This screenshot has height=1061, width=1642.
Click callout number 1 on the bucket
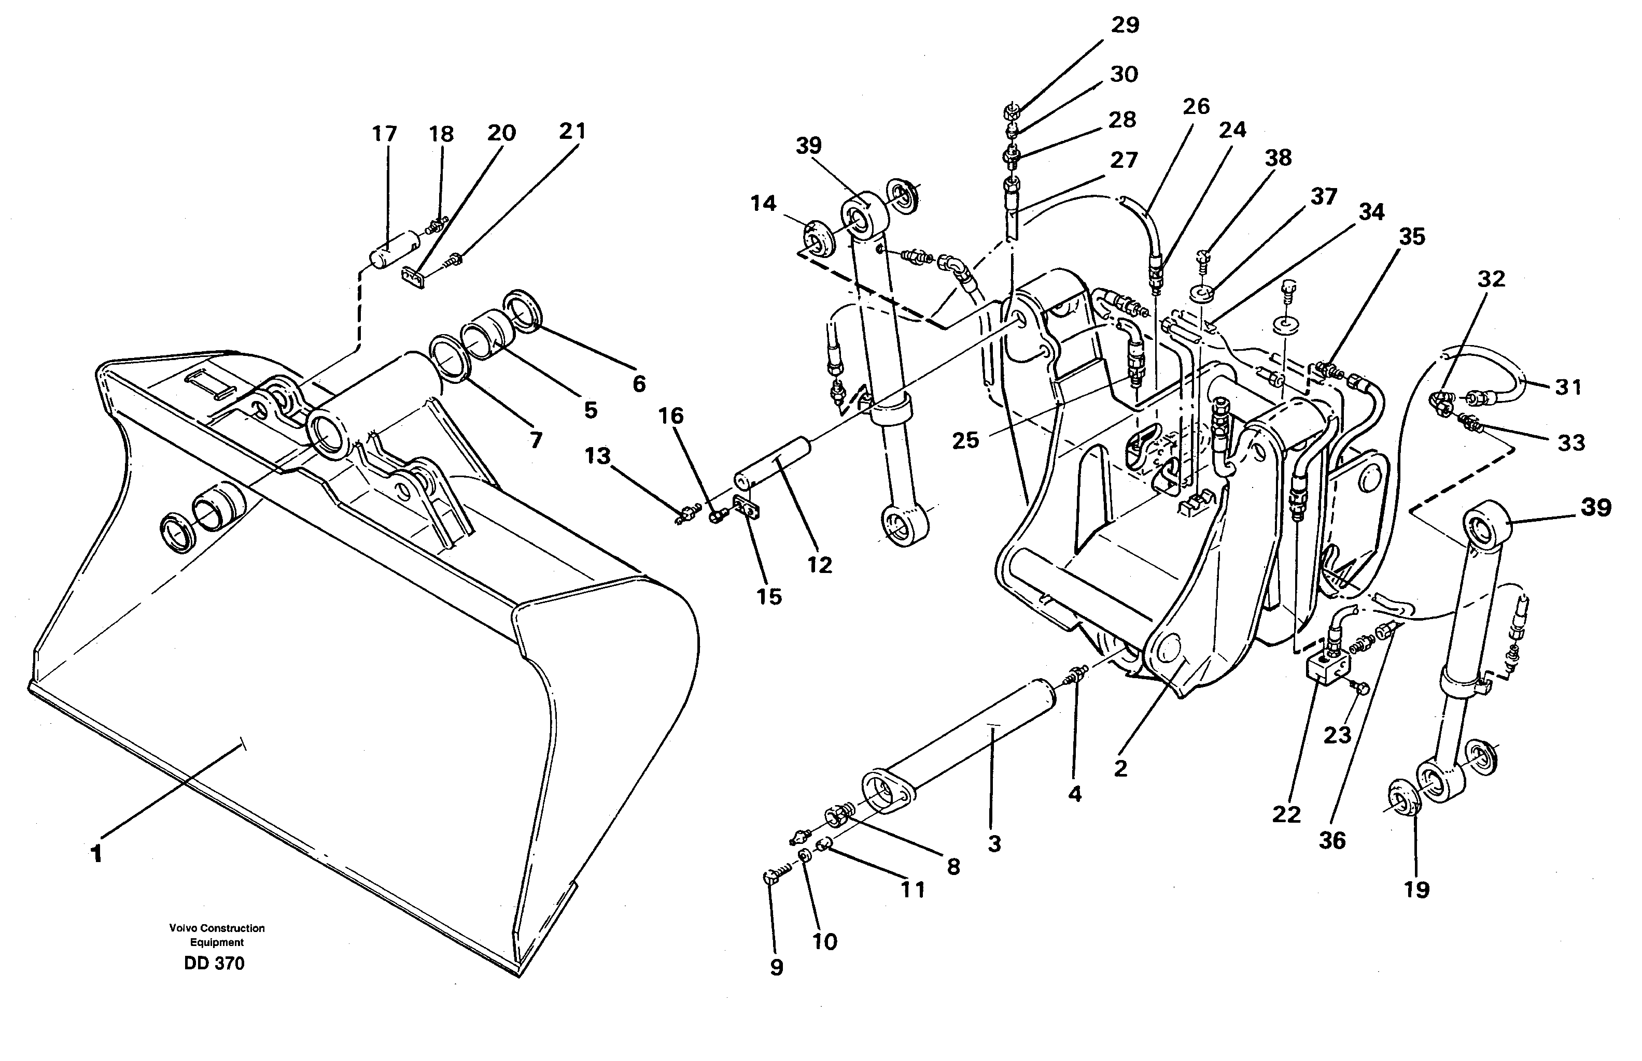click(x=96, y=854)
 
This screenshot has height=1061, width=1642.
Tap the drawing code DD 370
click(x=214, y=964)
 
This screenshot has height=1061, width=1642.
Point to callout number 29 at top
click(x=1125, y=25)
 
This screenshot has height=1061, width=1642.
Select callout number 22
click(x=1286, y=814)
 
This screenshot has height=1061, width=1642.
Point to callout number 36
click(x=1332, y=840)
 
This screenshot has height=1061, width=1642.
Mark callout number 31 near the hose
click(x=1568, y=387)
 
